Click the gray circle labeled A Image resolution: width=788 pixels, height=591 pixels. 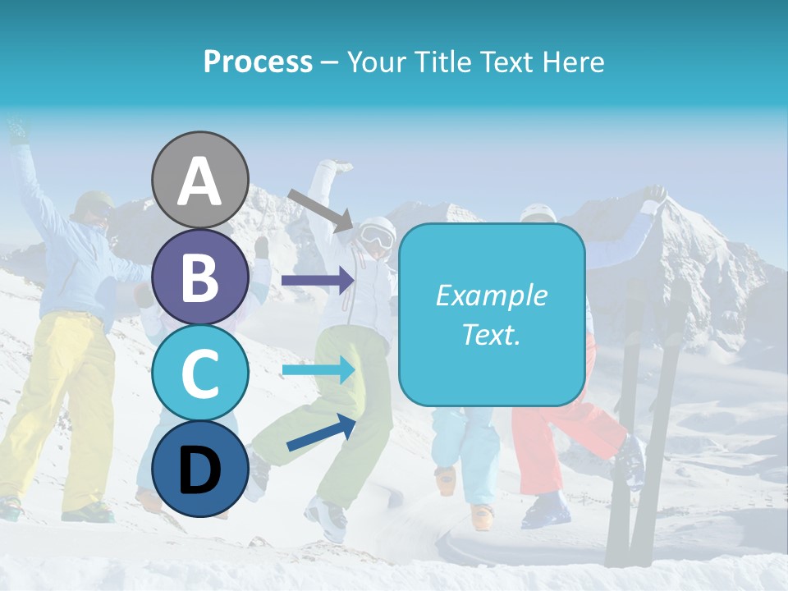[x=199, y=180]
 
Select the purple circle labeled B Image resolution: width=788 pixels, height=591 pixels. [x=199, y=277]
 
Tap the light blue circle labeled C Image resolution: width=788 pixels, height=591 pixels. [x=199, y=373]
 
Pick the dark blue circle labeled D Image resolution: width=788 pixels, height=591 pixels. [x=199, y=470]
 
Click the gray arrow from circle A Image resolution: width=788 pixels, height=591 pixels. [x=321, y=209]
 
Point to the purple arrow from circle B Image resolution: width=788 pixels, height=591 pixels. [x=317, y=281]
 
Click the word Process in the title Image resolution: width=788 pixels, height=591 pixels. [x=258, y=62]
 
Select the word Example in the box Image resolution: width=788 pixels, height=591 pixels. [x=491, y=295]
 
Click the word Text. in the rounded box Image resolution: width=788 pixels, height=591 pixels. [x=491, y=335]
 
